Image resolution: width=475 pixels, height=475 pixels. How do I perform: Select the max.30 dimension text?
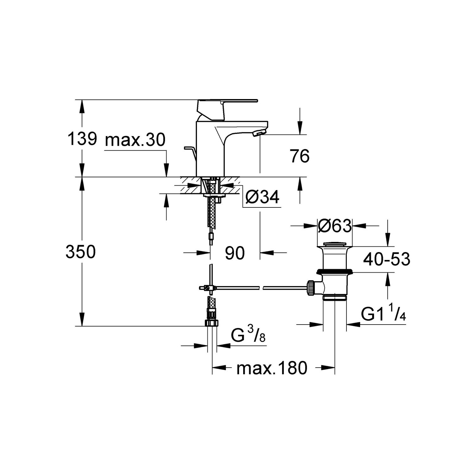[135, 140]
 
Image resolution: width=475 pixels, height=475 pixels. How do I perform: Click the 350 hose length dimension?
[80, 252]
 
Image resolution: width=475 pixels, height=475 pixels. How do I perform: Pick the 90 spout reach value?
[235, 253]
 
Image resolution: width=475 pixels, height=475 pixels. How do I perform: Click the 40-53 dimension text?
[386, 259]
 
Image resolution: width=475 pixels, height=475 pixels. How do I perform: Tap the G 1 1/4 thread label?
[383, 315]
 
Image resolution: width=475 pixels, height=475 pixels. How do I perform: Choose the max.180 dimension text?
[272, 368]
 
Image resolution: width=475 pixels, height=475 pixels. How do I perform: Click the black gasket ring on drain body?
[335, 271]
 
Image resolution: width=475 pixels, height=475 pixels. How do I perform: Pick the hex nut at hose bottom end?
[211, 322]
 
